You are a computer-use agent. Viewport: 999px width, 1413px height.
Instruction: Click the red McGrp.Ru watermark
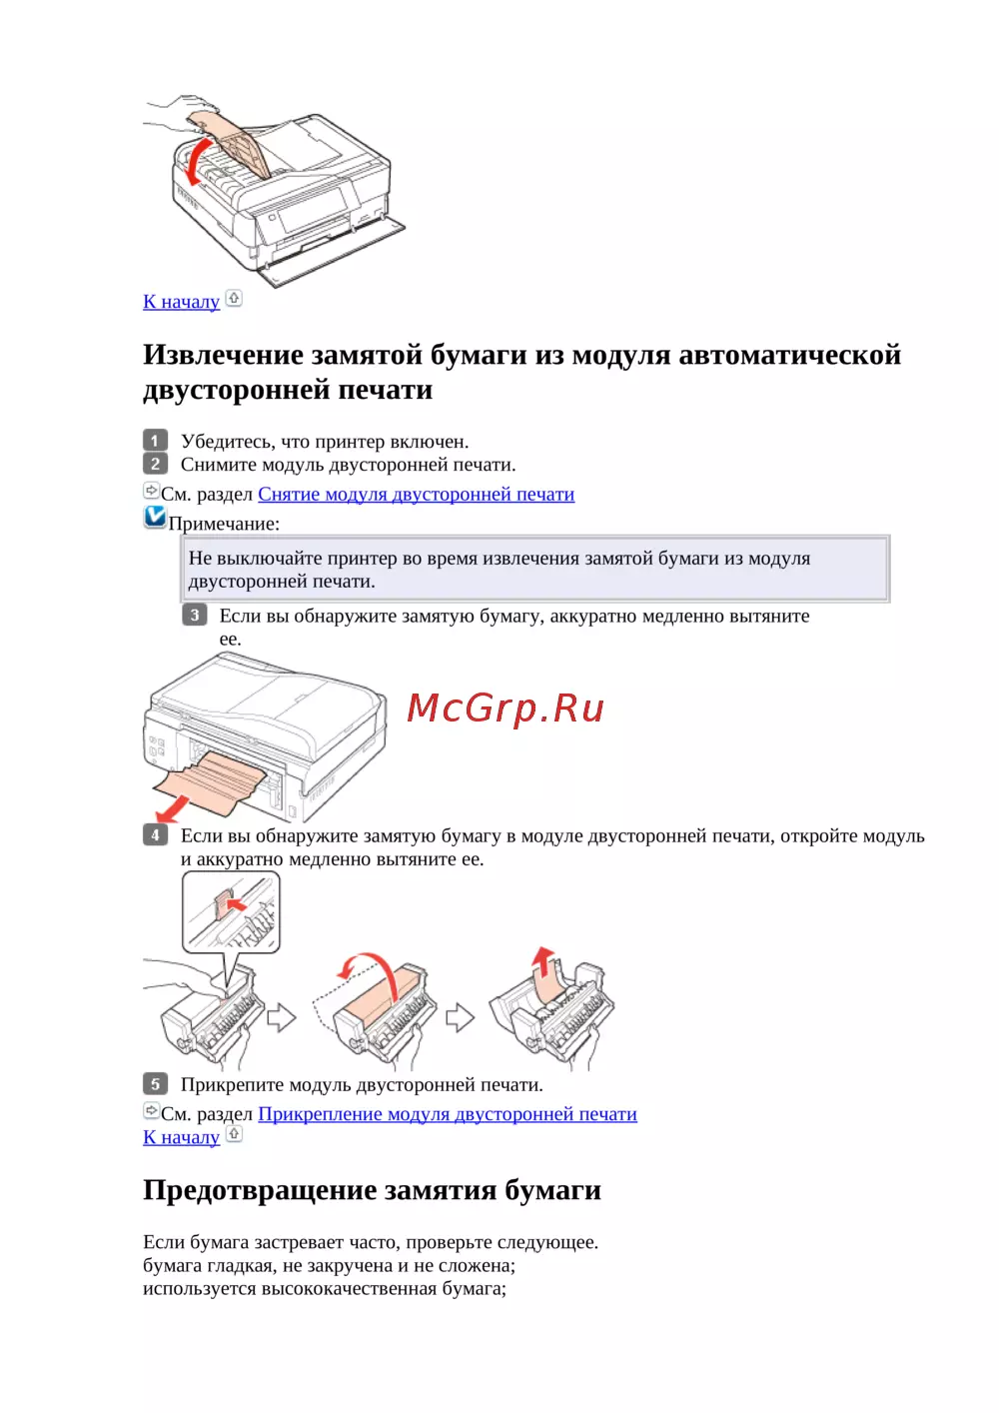pos(505,709)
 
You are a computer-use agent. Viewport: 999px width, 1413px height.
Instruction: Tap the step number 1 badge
pos(155,441)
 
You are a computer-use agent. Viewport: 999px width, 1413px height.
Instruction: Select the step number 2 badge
pos(155,464)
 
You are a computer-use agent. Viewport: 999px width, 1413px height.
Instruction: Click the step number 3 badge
pos(194,615)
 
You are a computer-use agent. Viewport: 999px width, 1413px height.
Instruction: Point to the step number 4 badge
pos(155,835)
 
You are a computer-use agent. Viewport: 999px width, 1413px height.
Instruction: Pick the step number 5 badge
pos(155,1084)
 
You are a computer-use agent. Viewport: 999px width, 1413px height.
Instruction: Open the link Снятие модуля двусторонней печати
pos(417,494)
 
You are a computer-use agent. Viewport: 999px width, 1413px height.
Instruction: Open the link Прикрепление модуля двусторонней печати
pos(448,1114)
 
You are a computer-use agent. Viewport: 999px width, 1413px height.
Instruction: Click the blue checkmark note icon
pos(155,517)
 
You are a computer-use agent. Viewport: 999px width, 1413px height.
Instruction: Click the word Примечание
pos(223,524)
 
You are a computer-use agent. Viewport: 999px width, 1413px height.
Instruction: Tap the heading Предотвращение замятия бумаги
pos(372,1190)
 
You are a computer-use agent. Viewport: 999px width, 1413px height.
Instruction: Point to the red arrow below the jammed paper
pos(172,809)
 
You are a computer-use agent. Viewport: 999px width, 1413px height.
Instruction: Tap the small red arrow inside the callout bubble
pos(237,904)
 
